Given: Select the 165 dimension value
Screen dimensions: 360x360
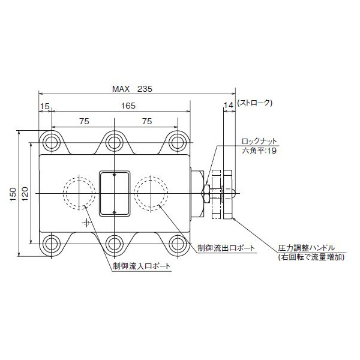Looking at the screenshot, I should [x=127, y=106].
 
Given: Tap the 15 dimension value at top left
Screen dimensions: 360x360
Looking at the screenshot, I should [x=44, y=106].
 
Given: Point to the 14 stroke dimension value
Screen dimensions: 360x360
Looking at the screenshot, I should [x=227, y=106].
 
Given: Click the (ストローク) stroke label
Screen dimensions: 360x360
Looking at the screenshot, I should [x=255, y=103].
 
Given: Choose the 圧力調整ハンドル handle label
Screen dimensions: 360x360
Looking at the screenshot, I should [x=306, y=247].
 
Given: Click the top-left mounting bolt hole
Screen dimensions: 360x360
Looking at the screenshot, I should [x=50, y=142].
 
